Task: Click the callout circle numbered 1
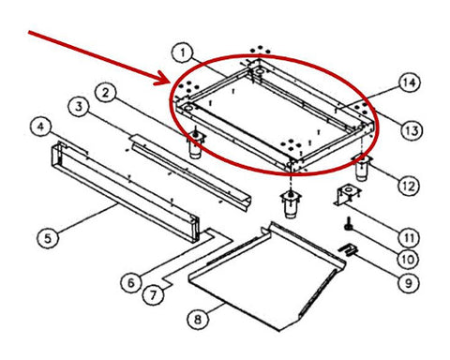click(183, 52)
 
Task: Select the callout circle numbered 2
click(106, 93)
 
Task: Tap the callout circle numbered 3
click(79, 106)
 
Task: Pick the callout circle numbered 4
click(40, 127)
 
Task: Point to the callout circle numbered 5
click(48, 238)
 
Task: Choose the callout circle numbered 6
click(131, 282)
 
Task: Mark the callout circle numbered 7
click(153, 295)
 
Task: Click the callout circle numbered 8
click(198, 320)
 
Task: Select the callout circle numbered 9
click(409, 283)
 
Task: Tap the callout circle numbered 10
click(409, 259)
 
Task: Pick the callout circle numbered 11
click(410, 238)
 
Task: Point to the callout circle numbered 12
click(409, 186)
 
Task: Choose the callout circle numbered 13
click(412, 130)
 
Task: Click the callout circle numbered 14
click(410, 82)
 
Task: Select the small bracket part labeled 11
click(348, 195)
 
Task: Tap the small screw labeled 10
click(348, 225)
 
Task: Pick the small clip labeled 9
click(349, 249)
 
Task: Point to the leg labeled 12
click(362, 168)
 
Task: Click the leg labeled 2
click(196, 142)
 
